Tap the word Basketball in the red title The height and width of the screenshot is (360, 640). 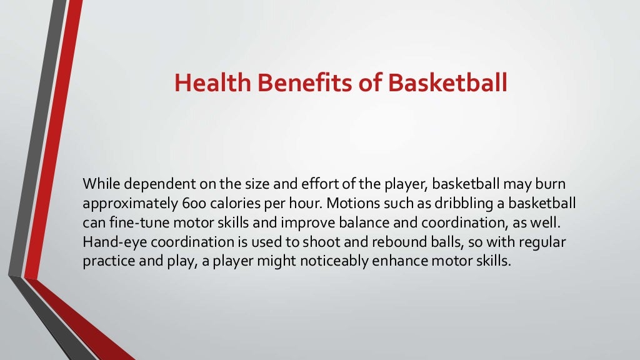[x=447, y=83]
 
